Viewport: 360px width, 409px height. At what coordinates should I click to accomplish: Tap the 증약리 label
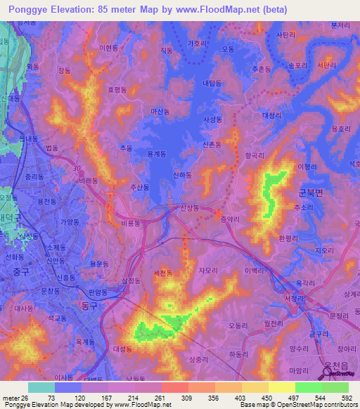[231, 219]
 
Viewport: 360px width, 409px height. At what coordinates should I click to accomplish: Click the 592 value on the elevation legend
[347, 398]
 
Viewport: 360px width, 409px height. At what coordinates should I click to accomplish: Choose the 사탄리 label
[285, 34]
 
